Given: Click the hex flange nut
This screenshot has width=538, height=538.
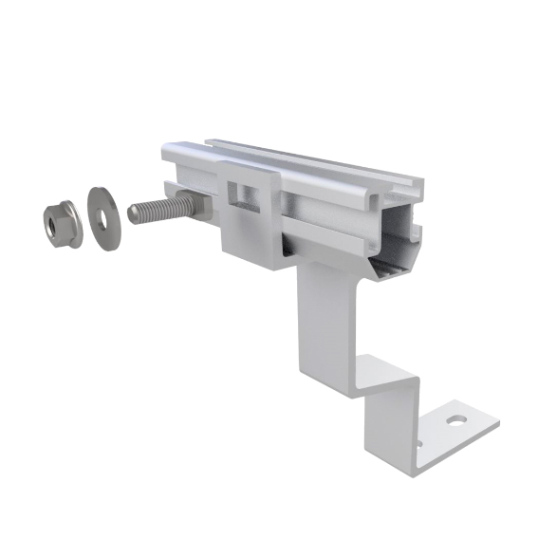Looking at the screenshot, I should coord(61,224).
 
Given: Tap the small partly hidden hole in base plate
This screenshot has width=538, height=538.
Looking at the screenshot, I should coord(423,436).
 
